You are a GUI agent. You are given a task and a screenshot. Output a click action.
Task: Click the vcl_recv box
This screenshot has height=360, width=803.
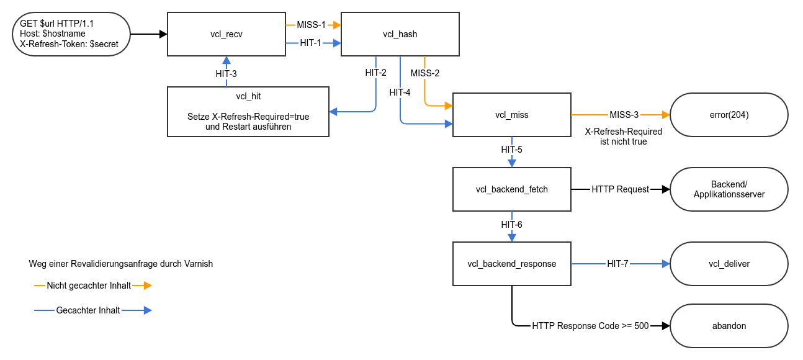point(226,34)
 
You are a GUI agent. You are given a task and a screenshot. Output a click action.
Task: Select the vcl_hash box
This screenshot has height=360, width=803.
point(400,34)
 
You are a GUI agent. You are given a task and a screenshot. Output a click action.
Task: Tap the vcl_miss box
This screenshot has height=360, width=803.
point(511,115)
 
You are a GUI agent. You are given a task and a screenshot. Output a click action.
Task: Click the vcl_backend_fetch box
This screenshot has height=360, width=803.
point(511,189)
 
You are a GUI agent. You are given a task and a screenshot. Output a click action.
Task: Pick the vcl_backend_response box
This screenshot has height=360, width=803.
point(511,264)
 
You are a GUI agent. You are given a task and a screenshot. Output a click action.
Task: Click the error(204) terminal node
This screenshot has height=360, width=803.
point(729,115)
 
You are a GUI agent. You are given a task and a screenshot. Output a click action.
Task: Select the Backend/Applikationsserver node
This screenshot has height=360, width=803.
point(729,189)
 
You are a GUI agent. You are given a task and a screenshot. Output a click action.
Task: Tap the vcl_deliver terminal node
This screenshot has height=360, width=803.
point(729,264)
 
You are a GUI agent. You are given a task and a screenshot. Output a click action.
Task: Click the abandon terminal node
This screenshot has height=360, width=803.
point(729,326)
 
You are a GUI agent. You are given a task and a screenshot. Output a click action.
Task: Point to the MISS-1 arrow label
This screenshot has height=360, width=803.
point(311,25)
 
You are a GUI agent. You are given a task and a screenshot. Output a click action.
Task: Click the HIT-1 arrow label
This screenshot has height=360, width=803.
point(310,43)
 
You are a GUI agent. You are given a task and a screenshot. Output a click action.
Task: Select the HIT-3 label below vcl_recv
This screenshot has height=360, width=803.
point(226,73)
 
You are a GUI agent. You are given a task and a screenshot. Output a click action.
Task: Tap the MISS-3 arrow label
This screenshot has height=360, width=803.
point(624,115)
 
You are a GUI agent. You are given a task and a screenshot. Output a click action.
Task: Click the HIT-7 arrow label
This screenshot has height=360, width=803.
point(617,264)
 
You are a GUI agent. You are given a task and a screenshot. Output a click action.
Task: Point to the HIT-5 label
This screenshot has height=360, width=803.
point(511,150)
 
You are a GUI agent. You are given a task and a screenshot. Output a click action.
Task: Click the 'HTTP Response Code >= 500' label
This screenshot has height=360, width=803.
point(590,326)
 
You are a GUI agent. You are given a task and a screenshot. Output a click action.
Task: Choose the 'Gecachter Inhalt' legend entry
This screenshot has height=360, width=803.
point(87,310)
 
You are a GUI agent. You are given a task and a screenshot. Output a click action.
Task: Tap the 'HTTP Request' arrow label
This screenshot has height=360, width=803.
point(620,189)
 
